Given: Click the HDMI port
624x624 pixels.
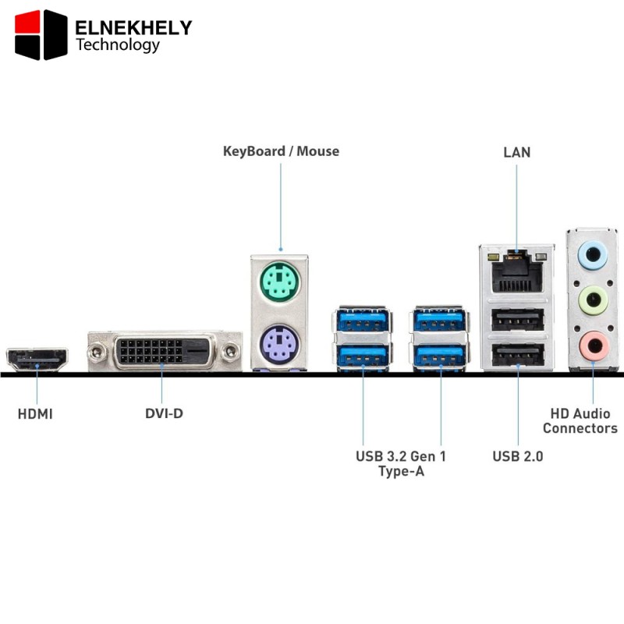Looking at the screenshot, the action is coord(37,360).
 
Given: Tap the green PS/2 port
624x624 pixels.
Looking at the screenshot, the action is coord(280,282).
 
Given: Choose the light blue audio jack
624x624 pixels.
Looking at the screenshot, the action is coord(593,255).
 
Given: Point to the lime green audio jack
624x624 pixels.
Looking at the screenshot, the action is coord(593,300).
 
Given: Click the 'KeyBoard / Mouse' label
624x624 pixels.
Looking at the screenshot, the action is coord(281,151).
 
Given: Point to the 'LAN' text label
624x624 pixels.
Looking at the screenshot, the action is coord(517,152).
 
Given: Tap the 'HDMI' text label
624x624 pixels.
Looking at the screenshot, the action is coord(35,414).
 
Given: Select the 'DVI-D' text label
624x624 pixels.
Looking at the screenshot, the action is coord(164,413).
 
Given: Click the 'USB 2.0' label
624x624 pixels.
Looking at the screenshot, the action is coord(518,456).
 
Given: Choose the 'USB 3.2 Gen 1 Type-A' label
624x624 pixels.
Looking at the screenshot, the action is coord(401,463).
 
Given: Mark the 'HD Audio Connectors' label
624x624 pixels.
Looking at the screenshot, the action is coord(580,420).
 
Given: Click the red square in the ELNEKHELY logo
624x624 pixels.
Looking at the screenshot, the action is coord(27,23).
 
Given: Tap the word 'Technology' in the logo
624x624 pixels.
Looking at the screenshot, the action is coord(118,44).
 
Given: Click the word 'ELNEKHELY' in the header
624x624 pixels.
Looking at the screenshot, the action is coord(133,28).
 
